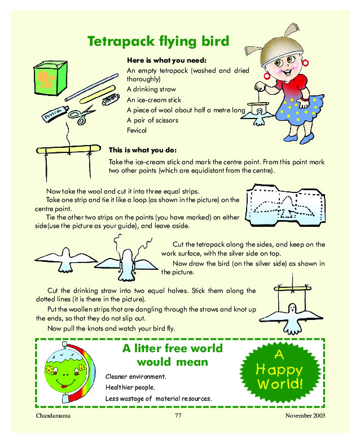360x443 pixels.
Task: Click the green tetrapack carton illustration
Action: point(50,78)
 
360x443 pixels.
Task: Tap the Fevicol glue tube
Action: point(55,113)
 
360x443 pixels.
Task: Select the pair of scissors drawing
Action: point(82,115)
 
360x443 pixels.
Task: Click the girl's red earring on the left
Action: point(267,76)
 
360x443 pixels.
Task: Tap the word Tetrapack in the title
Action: point(121,42)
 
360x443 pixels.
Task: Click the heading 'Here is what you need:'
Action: point(166,60)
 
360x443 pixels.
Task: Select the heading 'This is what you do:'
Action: point(143,150)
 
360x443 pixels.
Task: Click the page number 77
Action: point(178,415)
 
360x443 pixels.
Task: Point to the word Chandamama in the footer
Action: point(53,415)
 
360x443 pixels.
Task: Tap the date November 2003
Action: point(305,415)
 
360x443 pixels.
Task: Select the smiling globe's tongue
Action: point(64,386)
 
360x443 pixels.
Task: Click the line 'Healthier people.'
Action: point(130,387)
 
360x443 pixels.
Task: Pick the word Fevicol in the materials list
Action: point(137,130)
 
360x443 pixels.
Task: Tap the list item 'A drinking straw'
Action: point(151,89)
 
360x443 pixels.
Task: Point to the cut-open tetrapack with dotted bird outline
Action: point(286,205)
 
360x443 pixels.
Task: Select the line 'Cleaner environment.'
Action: point(136,376)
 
